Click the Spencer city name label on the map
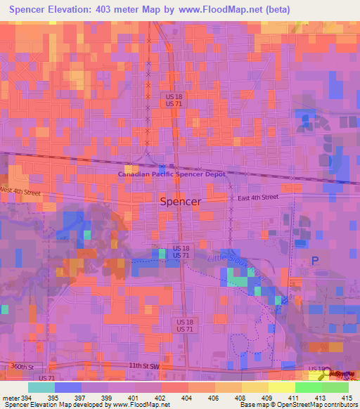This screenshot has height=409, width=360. (x=181, y=201)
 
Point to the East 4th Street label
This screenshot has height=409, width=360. (x=257, y=198)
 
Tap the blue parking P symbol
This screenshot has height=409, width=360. (x=314, y=261)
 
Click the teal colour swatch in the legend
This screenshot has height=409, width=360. (x=41, y=387)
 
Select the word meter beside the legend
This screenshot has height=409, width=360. (x=8, y=398)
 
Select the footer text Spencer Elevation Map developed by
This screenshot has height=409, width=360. (x=51, y=405)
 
